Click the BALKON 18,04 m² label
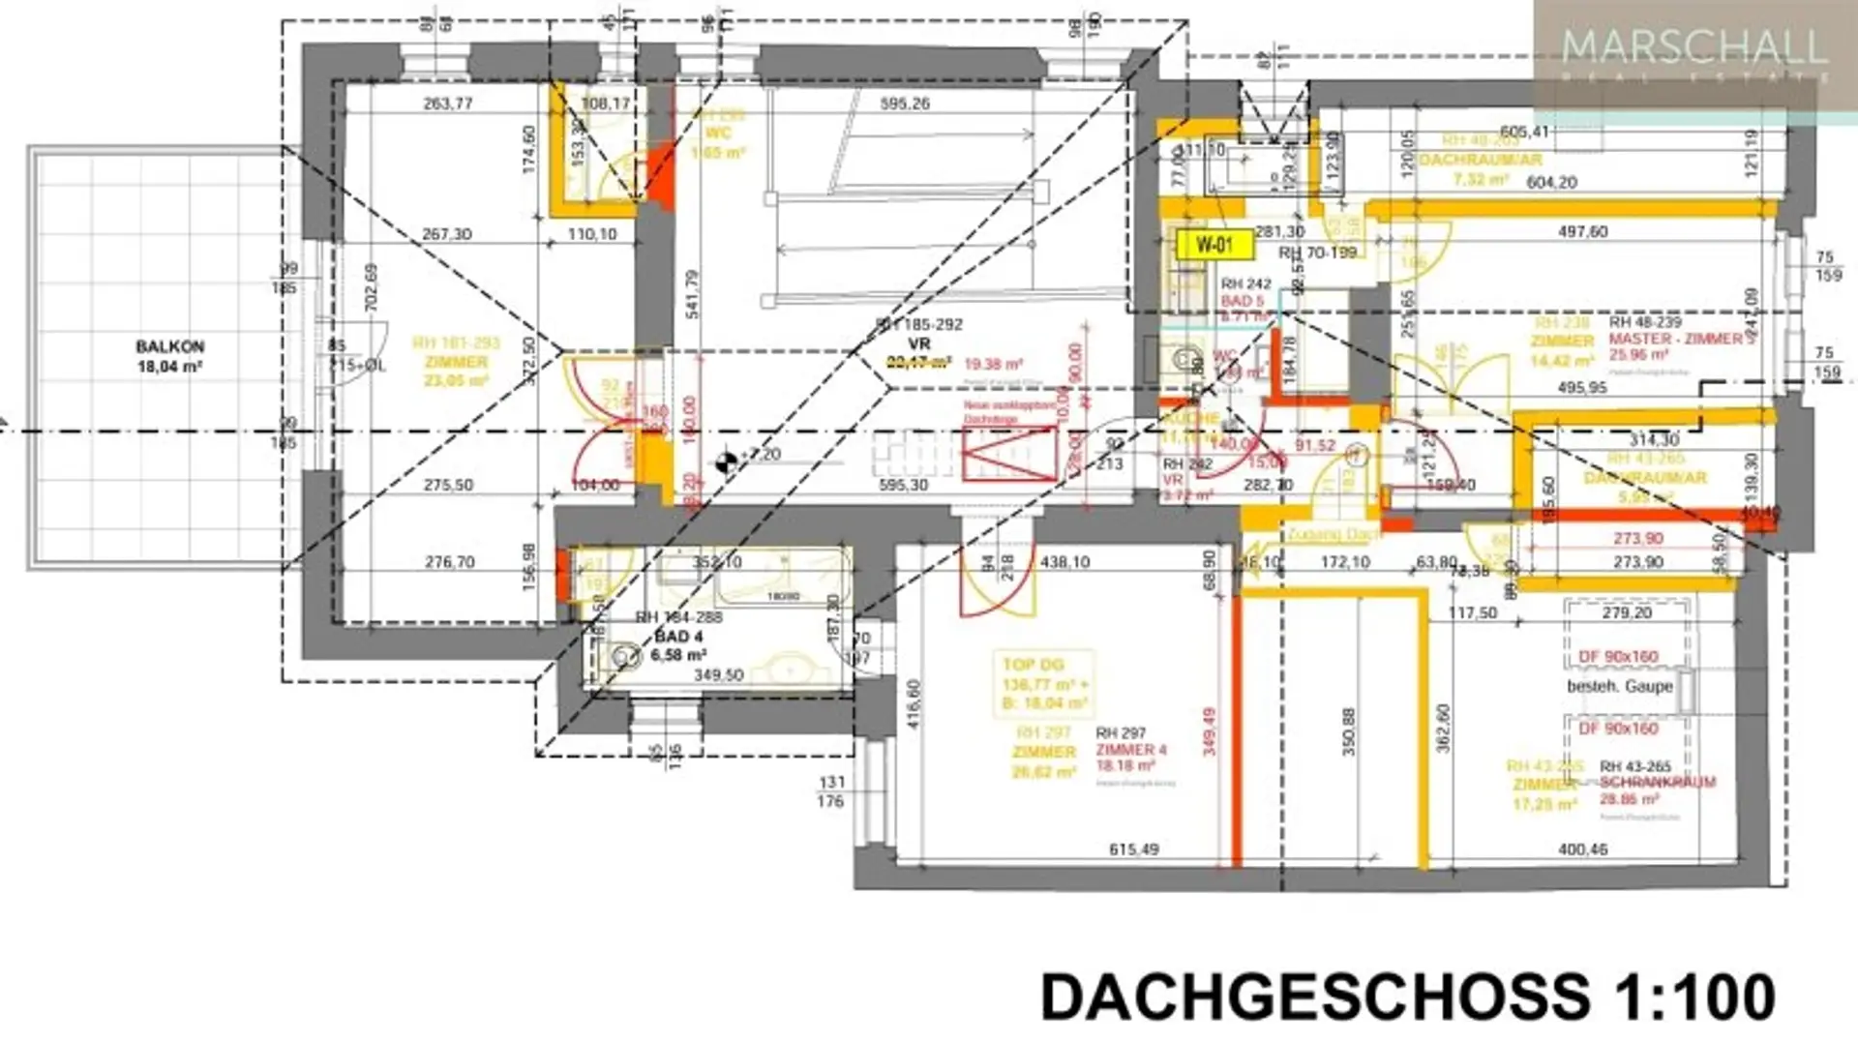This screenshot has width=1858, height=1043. pyautogui.click(x=169, y=356)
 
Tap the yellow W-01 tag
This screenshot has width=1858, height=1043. pyautogui.click(x=1214, y=245)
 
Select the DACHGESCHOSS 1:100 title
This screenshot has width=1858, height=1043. pyautogui.click(x=1407, y=997)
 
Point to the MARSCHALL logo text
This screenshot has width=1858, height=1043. pyautogui.click(x=1693, y=46)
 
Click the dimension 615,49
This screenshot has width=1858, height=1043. pyautogui.click(x=1133, y=849)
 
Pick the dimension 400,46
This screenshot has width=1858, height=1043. pyautogui.click(x=1582, y=849)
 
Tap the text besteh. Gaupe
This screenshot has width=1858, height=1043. pyautogui.click(x=1620, y=686)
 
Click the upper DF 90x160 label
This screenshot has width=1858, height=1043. pyautogui.click(x=1618, y=657)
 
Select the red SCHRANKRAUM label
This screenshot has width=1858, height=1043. pyautogui.click(x=1657, y=782)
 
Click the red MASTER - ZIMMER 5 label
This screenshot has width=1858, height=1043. pyautogui.click(x=1681, y=340)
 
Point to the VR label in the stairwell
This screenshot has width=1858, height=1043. pyautogui.click(x=918, y=343)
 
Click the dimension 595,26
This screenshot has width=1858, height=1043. pyautogui.click(x=905, y=104)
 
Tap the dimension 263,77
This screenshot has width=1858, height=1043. pyautogui.click(x=448, y=104)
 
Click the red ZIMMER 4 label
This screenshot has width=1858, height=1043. pyautogui.click(x=1131, y=750)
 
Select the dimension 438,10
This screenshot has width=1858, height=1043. pyautogui.click(x=1064, y=561)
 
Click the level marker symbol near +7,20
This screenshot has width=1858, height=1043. pyautogui.click(x=725, y=462)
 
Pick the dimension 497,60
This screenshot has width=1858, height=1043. pyautogui.click(x=1582, y=232)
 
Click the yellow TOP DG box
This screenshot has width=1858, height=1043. pyautogui.click(x=1043, y=684)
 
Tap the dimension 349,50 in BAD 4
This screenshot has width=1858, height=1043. pyautogui.click(x=718, y=674)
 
